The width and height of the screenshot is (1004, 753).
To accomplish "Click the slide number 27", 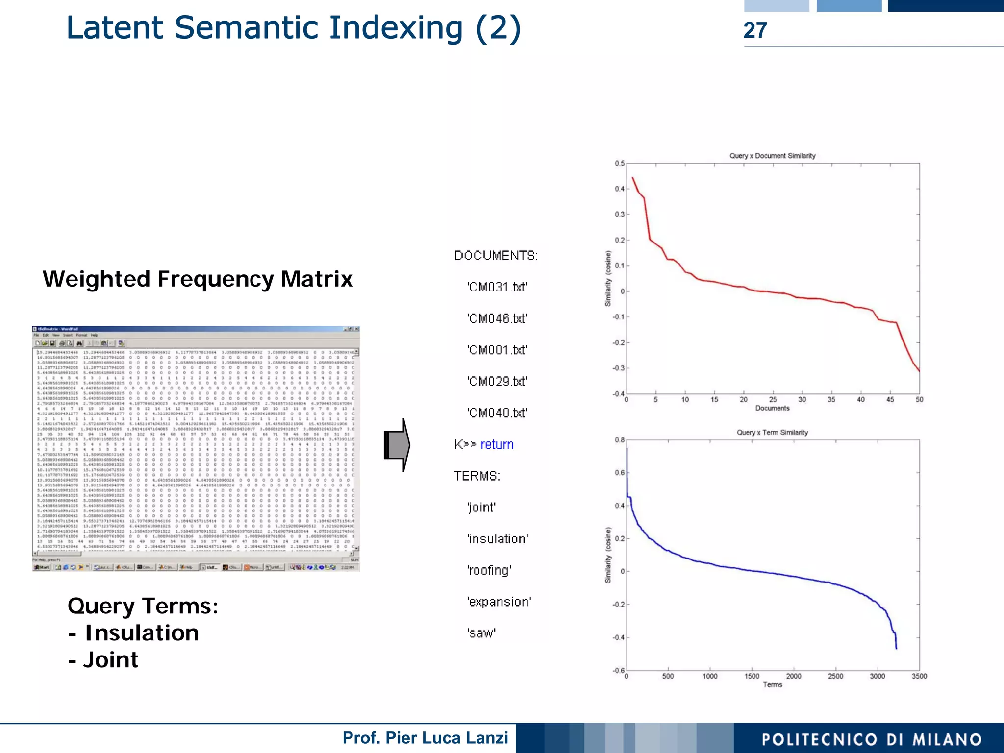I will (x=755, y=30).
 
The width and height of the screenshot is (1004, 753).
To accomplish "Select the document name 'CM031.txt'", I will (x=497, y=287).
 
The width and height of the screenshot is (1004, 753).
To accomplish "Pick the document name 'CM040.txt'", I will (x=497, y=413).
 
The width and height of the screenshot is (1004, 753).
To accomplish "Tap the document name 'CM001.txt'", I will (x=497, y=350).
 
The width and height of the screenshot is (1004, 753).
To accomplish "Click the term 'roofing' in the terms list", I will (x=489, y=570).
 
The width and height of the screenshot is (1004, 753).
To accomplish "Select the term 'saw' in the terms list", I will (x=481, y=633).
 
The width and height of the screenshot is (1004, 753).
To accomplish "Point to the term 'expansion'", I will (x=499, y=602).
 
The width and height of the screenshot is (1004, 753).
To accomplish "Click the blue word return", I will (x=497, y=444).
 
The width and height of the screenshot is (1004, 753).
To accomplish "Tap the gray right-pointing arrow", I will (x=397, y=445).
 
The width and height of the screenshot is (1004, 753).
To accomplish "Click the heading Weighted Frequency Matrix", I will (x=198, y=279).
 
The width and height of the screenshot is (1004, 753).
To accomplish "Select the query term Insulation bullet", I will (x=142, y=633).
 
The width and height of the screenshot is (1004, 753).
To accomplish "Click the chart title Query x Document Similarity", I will (x=772, y=156).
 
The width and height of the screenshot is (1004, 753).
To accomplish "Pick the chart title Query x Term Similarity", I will (x=772, y=432).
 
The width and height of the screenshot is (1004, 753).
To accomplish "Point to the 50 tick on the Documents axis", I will (x=919, y=400).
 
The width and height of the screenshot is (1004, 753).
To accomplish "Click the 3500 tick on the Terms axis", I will (x=919, y=676).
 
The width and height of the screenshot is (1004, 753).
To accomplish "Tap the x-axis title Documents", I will (x=772, y=408).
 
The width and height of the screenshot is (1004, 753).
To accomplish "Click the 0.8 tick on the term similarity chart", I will (x=620, y=440).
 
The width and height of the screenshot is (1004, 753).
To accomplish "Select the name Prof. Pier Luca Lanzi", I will (x=425, y=738).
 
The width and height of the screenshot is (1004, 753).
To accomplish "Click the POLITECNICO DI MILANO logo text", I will (x=872, y=739).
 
